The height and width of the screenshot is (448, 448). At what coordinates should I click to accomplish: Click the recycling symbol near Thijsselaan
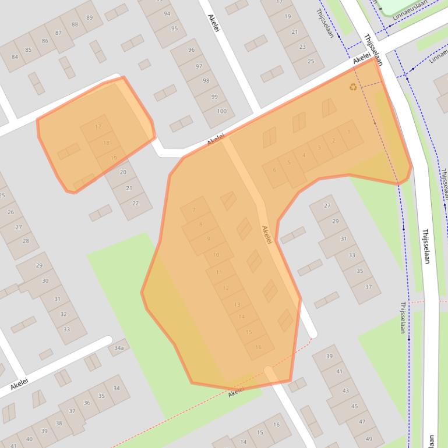353,87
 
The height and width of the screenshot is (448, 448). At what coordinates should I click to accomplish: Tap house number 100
221,111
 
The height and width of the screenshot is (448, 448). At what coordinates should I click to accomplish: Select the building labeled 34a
119,348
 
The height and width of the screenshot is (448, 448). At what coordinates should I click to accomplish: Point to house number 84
14,57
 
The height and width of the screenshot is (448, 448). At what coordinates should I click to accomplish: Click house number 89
89,17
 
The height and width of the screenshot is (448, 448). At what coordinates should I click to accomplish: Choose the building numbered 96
191,50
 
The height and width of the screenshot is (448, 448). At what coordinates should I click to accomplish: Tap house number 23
302,47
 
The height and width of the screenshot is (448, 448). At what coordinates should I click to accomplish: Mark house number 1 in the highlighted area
349,133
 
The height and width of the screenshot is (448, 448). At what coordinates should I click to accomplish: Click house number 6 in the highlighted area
274,170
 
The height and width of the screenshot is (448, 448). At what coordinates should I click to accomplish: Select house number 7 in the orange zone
194,211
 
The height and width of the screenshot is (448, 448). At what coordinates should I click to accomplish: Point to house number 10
216,255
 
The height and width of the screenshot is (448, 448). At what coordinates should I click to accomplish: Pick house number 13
237,304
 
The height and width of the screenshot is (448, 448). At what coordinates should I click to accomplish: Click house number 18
106,143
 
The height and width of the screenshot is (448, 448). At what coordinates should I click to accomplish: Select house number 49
368,439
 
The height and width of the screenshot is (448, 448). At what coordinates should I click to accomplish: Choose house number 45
354,406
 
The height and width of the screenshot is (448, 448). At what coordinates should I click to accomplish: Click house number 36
87,403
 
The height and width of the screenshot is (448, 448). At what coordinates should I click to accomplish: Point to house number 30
45,281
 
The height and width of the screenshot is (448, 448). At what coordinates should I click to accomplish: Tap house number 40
29,438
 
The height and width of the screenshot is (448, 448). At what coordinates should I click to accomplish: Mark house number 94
167,14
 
